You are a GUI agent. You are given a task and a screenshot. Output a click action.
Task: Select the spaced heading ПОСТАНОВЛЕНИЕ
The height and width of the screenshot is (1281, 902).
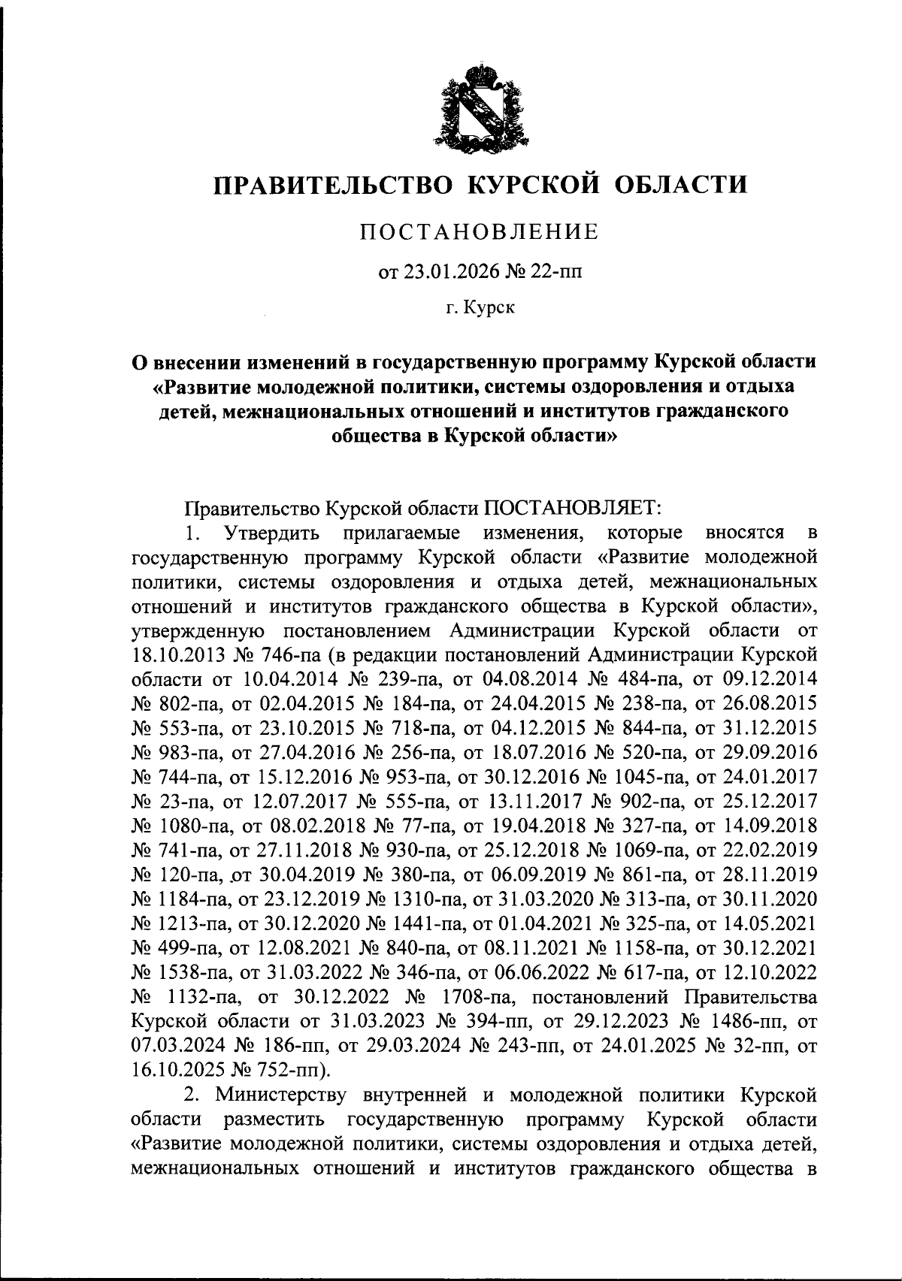tap(480, 231)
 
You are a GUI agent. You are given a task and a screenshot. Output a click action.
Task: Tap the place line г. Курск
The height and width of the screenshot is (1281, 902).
tap(480, 307)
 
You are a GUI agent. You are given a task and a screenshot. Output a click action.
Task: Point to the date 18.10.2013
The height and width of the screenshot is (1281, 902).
tap(172, 654)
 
